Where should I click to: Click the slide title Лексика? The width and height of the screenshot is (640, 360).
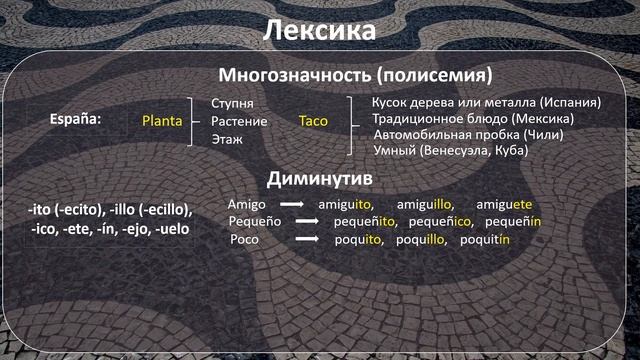[x=319, y=31]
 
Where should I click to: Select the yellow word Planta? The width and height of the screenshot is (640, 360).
[x=162, y=121]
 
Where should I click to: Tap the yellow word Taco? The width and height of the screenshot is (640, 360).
[x=313, y=121]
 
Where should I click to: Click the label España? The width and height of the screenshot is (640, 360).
[x=76, y=120]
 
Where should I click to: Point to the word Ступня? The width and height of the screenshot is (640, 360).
[x=233, y=104]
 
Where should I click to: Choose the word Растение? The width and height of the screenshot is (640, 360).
[x=239, y=121]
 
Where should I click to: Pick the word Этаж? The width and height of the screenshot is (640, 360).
[x=228, y=139]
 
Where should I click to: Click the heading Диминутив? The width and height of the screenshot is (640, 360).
[x=319, y=178]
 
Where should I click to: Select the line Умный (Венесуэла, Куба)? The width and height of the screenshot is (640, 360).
[x=450, y=150]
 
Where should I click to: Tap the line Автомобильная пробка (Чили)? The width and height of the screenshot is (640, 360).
[x=468, y=134]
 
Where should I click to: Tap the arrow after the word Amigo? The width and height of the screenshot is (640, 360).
[x=291, y=203]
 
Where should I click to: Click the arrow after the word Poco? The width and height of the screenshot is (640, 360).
[x=305, y=240]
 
